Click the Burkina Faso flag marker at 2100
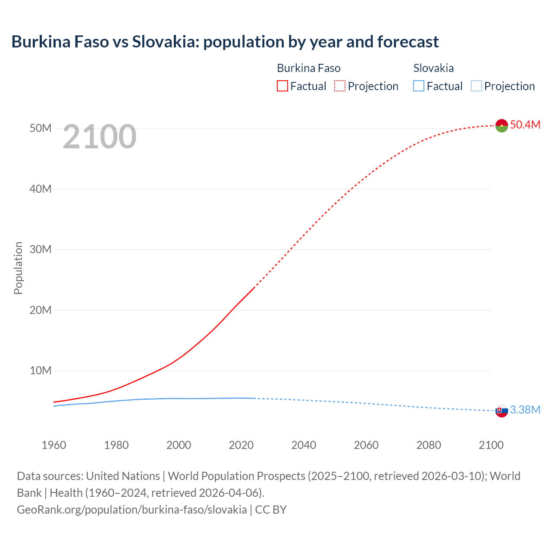[502, 125]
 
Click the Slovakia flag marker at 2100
[502, 411]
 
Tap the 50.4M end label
[525, 125]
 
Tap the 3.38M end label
[525, 410]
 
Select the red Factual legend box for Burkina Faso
[282, 86]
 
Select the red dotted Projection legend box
[340, 86]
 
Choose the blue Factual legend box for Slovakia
[419, 86]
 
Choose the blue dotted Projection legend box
[476, 86]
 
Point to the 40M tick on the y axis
[41, 189]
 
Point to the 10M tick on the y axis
[41, 370]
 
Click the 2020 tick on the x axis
[241, 445]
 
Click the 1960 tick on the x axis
[54, 445]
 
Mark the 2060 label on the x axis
[366, 445]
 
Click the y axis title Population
[18, 268]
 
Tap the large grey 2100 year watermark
[100, 137]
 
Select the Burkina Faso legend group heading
[308, 68]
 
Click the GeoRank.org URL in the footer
[132, 510]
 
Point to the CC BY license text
[271, 510]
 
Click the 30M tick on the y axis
[41, 249]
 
